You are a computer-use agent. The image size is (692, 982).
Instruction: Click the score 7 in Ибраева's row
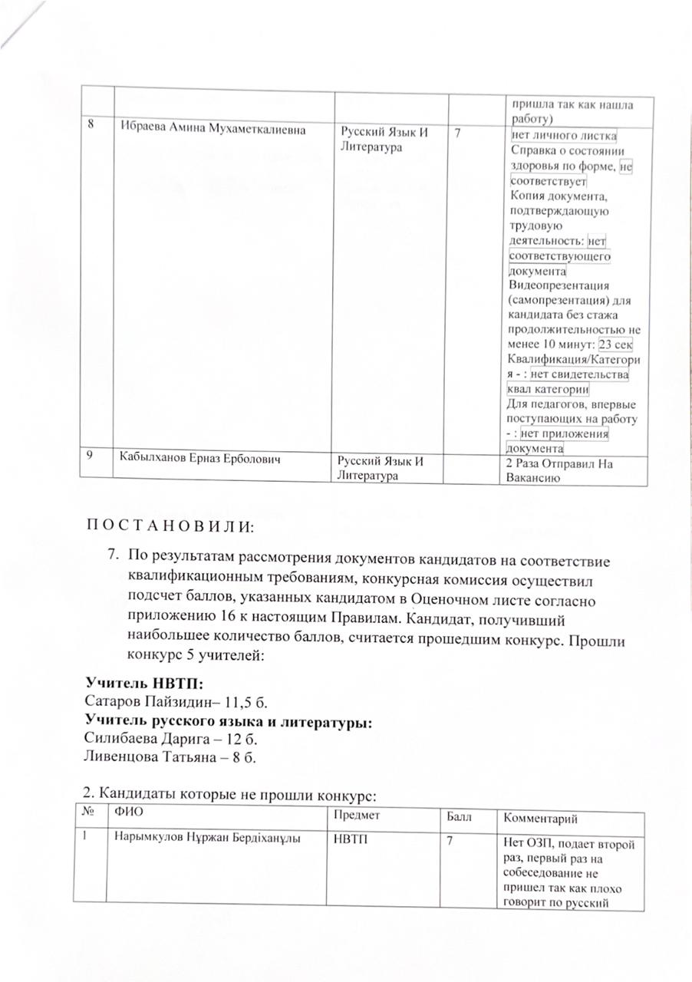[x=458, y=133]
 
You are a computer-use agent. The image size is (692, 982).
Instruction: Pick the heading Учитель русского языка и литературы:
[x=227, y=721]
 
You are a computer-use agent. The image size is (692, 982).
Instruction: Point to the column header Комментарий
[x=540, y=820]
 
